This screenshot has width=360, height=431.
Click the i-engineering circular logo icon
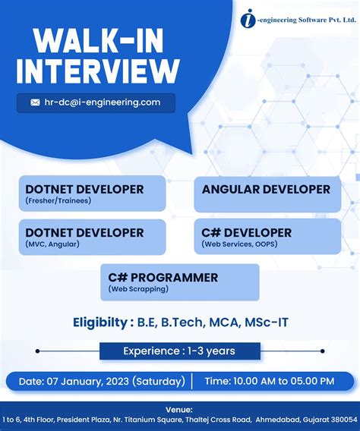[249, 18]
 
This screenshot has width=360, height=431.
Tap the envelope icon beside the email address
[35, 102]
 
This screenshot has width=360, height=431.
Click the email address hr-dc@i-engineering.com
[103, 102]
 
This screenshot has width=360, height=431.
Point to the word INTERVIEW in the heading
[96, 72]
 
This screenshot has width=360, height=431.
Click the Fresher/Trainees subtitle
[58, 201]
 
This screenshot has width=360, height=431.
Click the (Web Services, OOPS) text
[246, 244]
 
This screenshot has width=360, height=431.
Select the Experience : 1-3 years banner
[179, 351]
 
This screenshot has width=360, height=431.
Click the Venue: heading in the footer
[179, 408]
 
